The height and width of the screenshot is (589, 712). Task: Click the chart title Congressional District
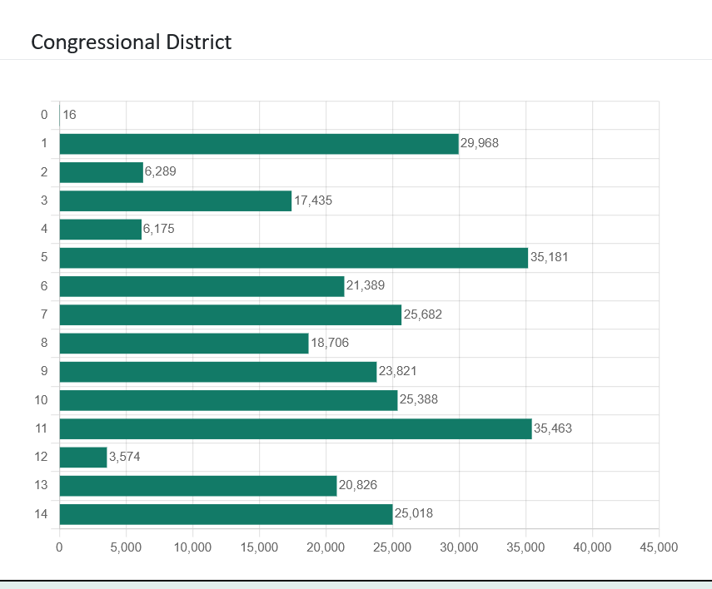tap(131, 42)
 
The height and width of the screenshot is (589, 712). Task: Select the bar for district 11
tap(295, 428)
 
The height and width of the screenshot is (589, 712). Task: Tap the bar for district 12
tap(83, 457)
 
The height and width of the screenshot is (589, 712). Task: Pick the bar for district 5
tap(293, 258)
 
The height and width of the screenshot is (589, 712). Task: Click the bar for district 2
tap(101, 172)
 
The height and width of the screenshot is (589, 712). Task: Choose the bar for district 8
tap(183, 343)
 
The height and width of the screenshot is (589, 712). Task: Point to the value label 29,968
tap(480, 143)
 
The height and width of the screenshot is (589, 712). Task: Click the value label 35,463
tap(553, 428)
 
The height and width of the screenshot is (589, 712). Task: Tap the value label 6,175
tap(159, 229)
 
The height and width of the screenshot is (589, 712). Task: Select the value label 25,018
tap(414, 513)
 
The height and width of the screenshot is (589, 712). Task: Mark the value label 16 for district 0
tap(69, 115)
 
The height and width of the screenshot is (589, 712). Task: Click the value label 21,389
tap(366, 286)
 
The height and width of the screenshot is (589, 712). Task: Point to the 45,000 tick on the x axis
tap(659, 547)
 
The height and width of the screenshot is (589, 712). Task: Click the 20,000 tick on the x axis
tap(326, 547)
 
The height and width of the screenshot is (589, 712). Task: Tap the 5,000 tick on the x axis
tap(126, 547)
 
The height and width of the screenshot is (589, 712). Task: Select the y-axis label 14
tap(41, 514)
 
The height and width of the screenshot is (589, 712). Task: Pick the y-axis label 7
tap(44, 314)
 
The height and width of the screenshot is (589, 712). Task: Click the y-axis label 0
tap(44, 115)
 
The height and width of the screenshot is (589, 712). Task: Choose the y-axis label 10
tap(41, 400)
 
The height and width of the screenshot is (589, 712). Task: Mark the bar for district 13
tap(197, 485)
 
